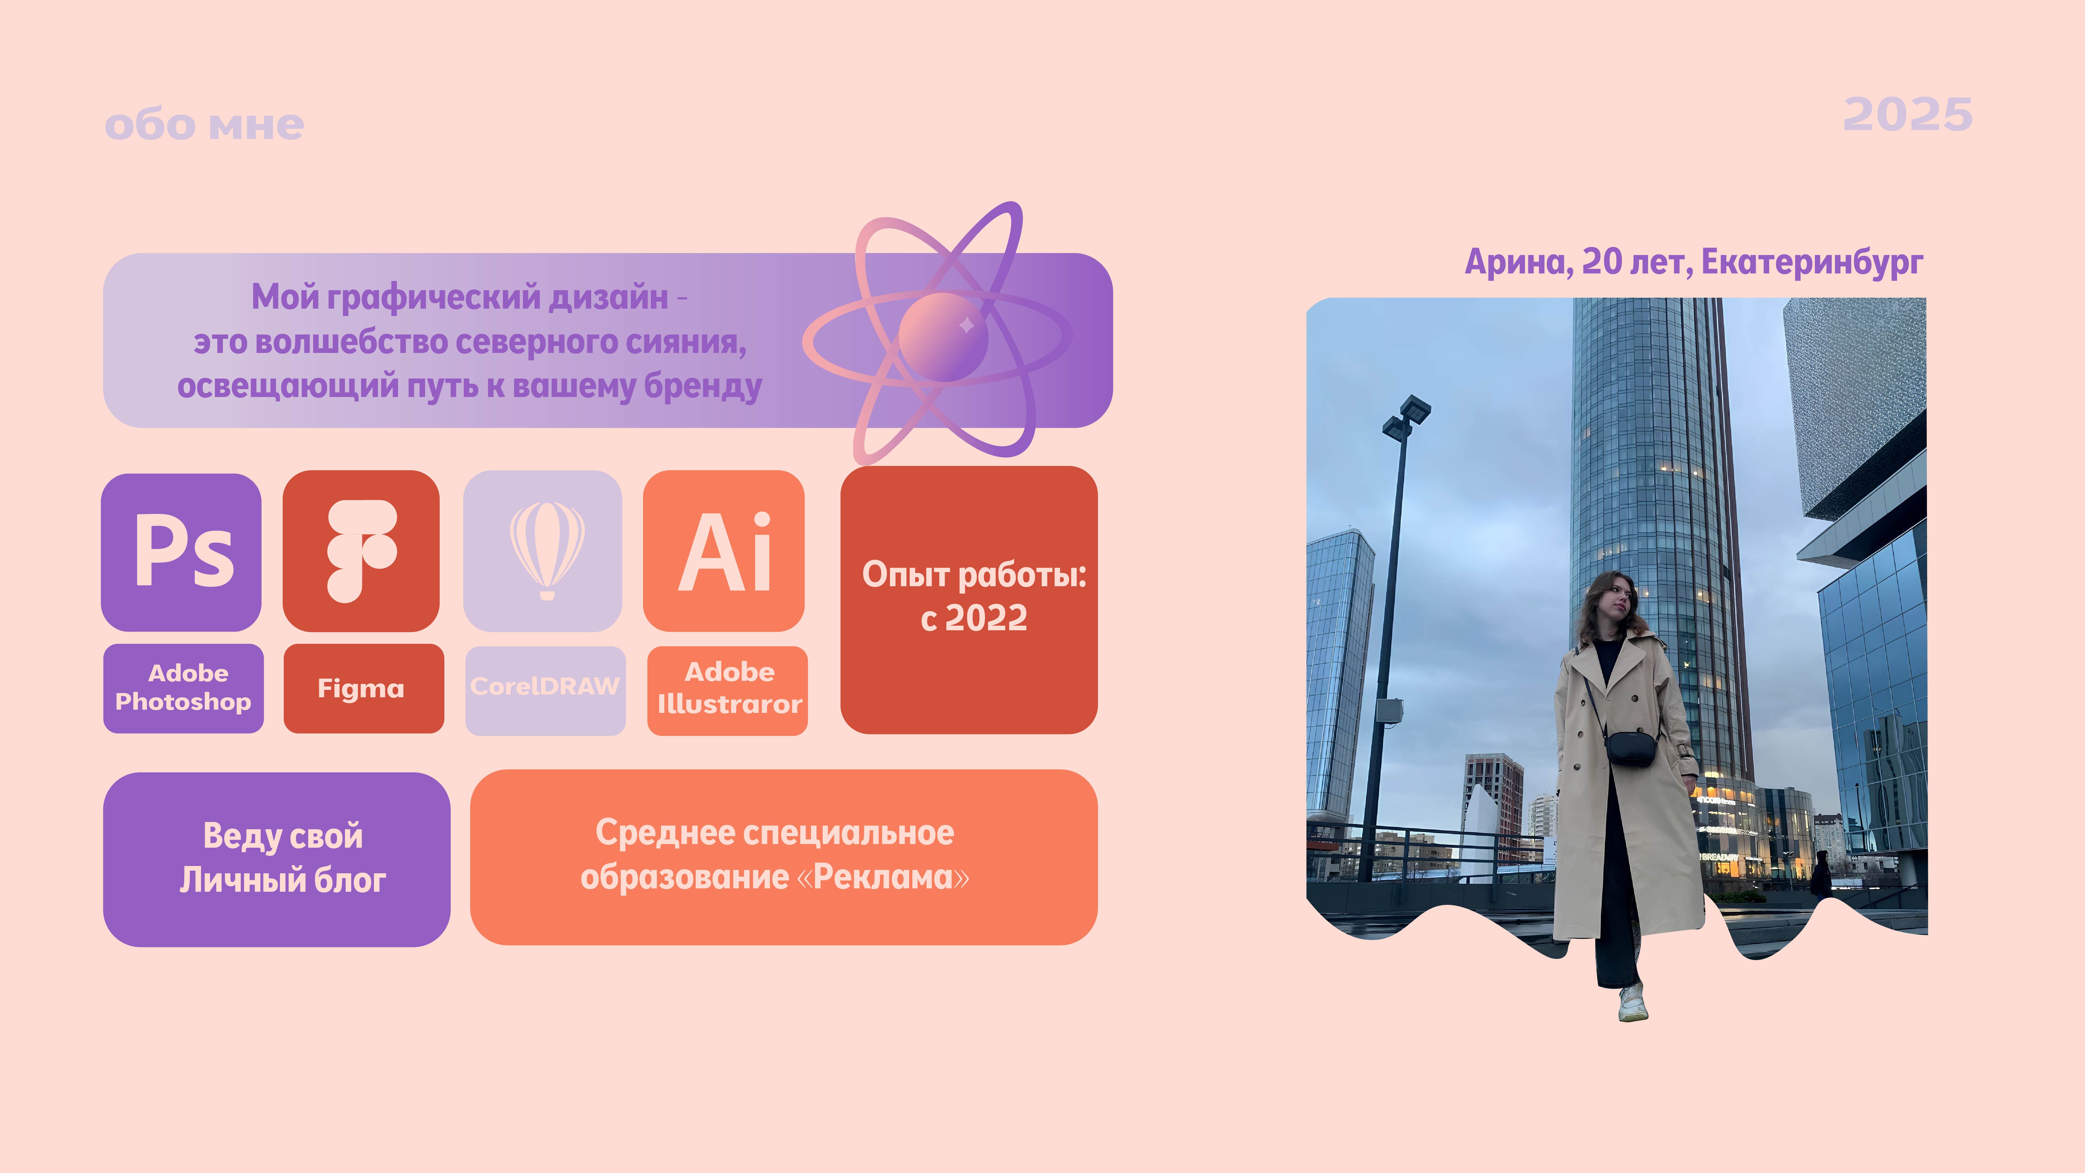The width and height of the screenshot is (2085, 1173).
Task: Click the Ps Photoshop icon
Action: click(181, 552)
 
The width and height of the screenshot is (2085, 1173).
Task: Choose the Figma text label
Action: click(361, 688)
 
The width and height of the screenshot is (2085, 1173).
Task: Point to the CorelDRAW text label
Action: click(545, 687)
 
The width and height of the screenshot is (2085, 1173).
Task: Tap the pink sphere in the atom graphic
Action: click(943, 337)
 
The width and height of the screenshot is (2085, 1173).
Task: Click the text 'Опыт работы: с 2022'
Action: click(974, 596)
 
